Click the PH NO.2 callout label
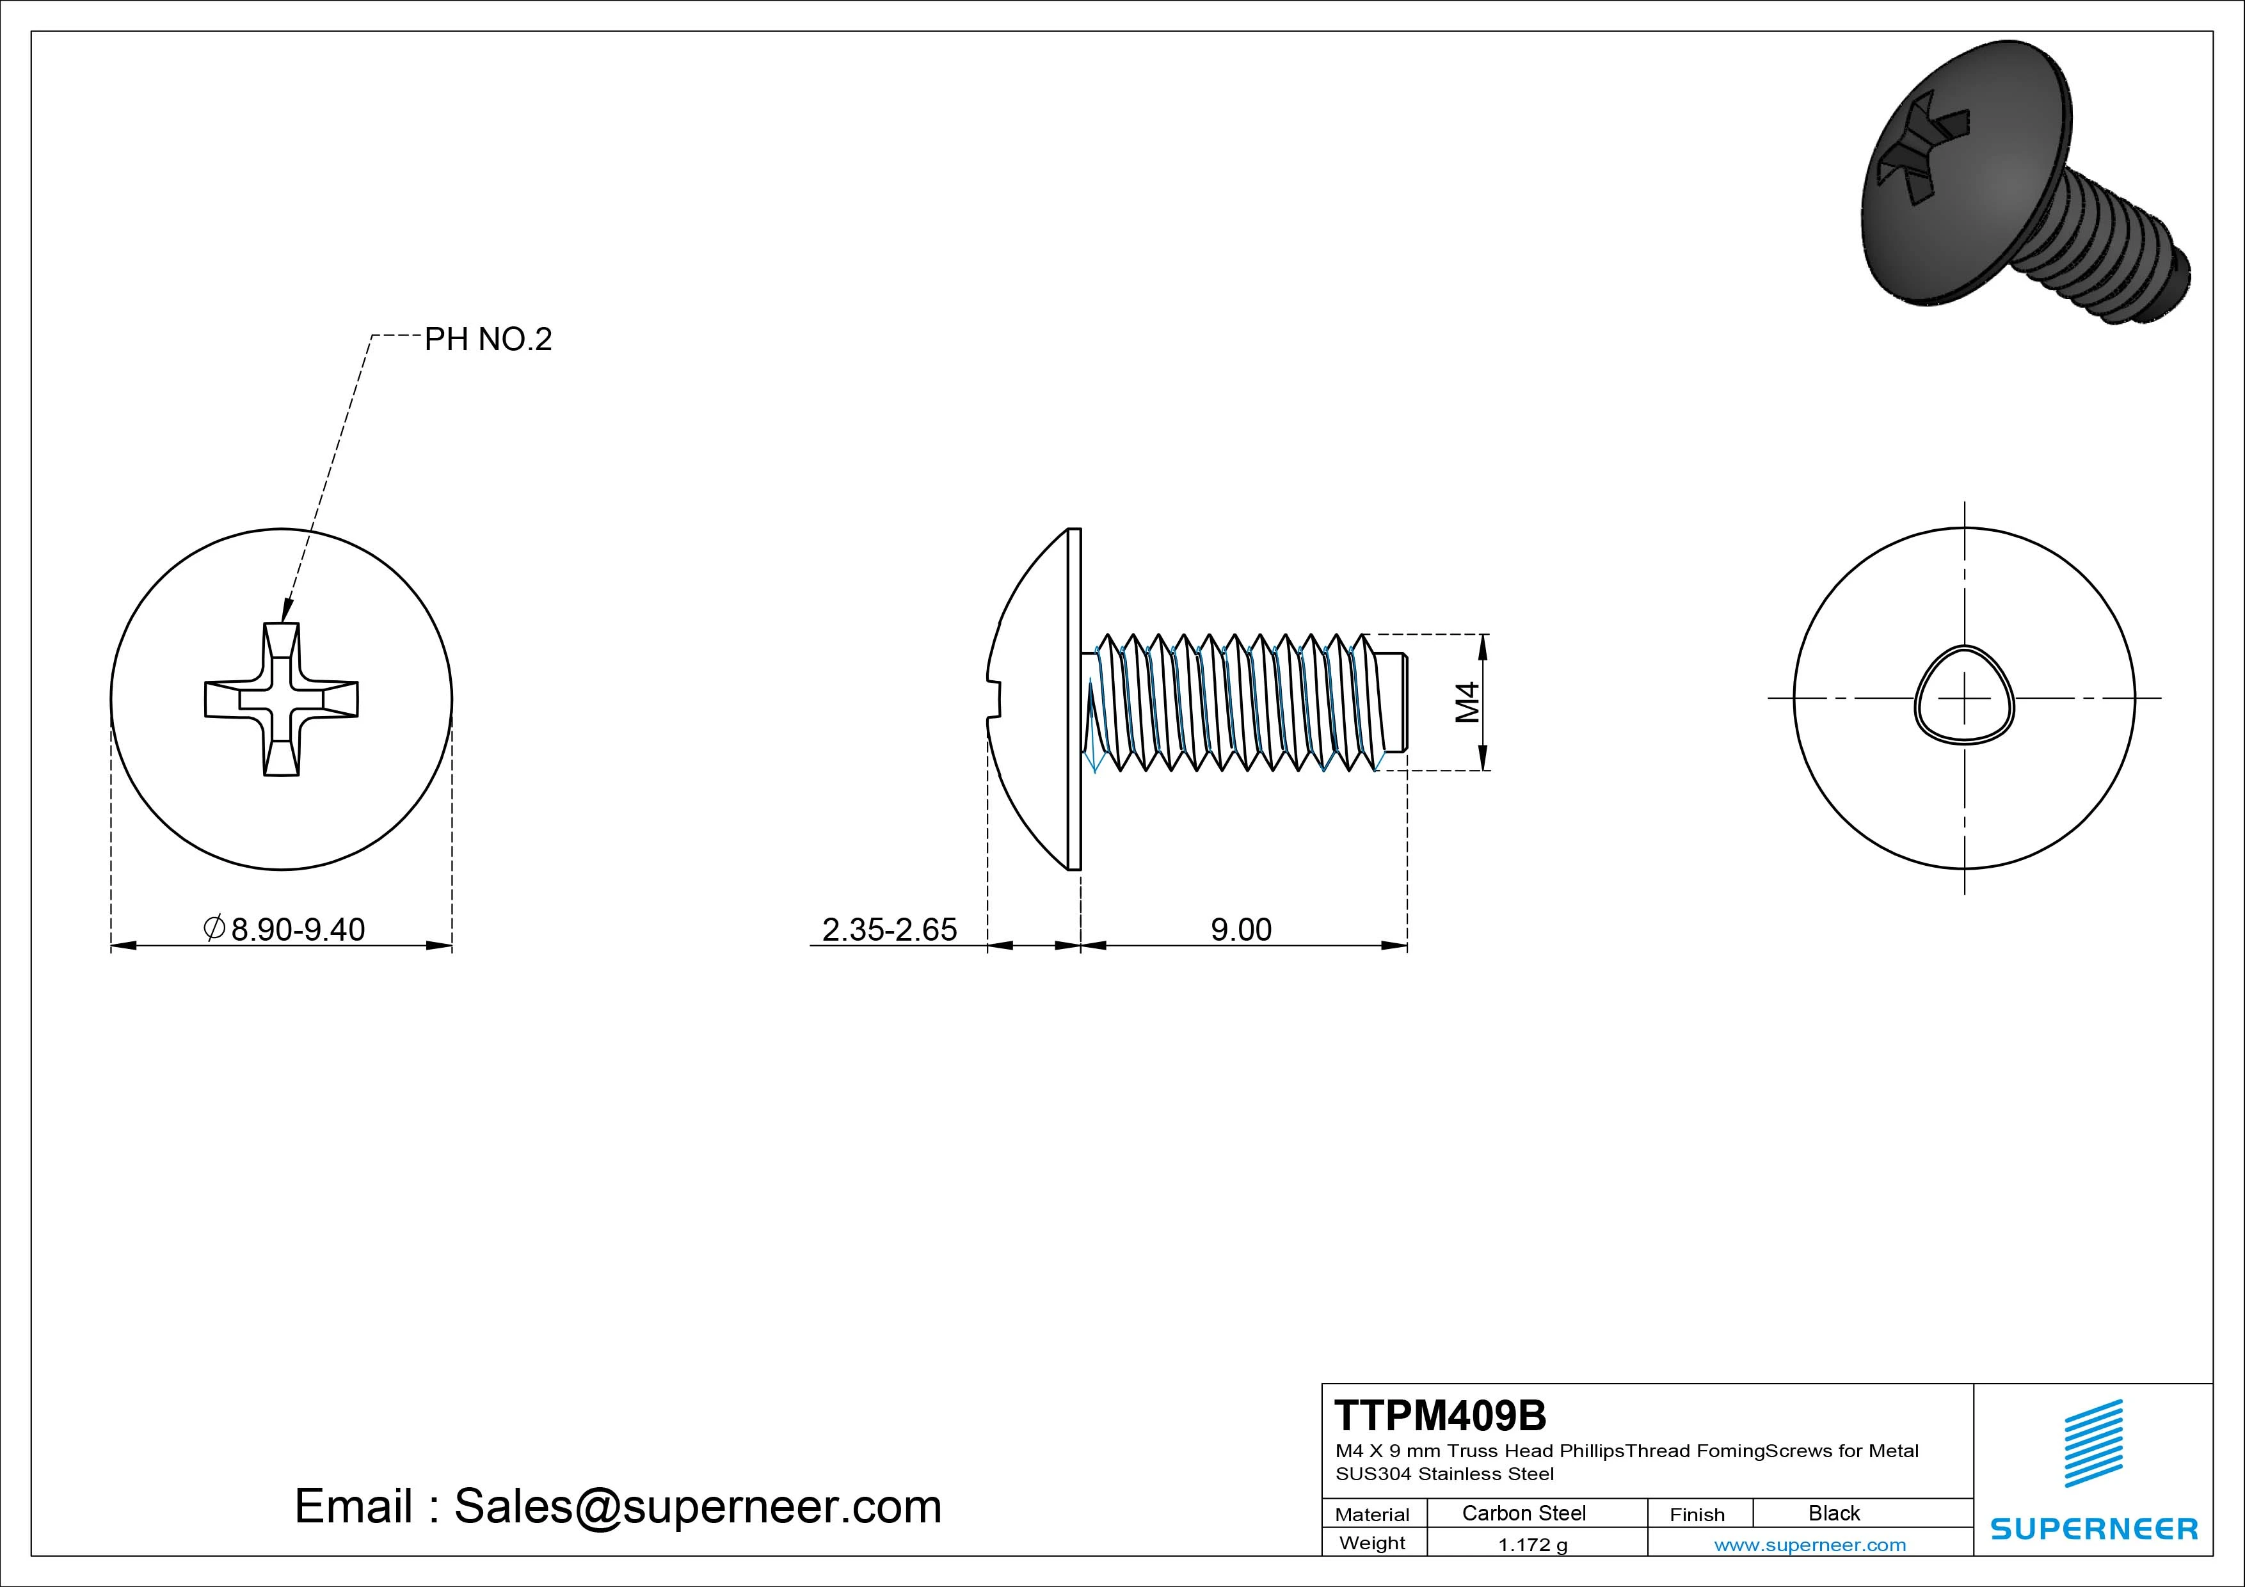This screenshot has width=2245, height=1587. [x=488, y=339]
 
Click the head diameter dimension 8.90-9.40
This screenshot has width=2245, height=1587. [x=297, y=929]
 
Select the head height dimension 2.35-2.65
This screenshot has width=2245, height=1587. [x=889, y=929]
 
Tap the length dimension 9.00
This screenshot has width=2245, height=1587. [x=1241, y=929]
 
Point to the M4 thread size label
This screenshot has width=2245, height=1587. [x=1467, y=702]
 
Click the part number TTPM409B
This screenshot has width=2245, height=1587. [x=1441, y=1416]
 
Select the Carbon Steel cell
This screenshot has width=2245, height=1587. [x=1523, y=1513]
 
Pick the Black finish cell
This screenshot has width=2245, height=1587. [x=1834, y=1513]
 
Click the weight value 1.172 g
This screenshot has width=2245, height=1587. [x=1532, y=1545]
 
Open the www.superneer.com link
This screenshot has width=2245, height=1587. [x=1810, y=1545]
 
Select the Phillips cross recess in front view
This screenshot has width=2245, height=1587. [x=282, y=699]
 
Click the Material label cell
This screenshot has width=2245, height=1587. [x=1372, y=1515]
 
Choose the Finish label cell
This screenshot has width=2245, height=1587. [x=1697, y=1515]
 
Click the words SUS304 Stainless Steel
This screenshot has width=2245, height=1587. [x=1444, y=1474]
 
